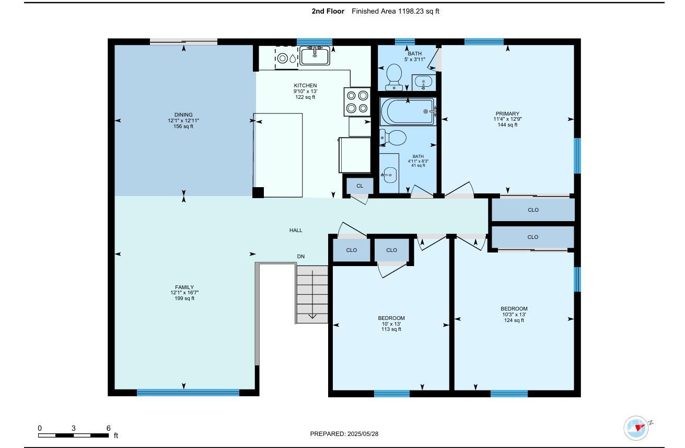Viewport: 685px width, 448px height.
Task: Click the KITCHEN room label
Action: coord(305,85)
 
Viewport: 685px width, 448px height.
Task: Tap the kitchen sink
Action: coord(315,55)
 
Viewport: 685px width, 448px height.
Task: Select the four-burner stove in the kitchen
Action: coord(357,101)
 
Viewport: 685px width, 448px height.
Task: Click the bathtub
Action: coord(408,111)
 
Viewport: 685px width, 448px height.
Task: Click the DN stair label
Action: coord(300,257)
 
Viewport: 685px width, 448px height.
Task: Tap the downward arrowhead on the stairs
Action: coord(312,316)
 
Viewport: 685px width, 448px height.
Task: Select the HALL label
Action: coord(296,230)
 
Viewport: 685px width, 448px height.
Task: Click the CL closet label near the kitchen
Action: coord(359,186)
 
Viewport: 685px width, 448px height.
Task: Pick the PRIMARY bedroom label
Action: coord(507,113)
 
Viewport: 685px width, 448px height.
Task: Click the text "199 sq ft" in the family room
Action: coord(184,298)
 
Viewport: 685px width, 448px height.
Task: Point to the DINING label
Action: coord(183,115)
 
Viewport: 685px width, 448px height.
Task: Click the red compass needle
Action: coord(640,428)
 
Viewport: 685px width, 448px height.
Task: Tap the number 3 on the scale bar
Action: coord(73,428)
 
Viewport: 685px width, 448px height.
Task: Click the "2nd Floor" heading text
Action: coord(328,12)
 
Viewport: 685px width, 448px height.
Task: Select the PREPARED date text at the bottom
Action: coord(344,433)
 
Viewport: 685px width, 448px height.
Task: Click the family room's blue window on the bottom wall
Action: coord(188,393)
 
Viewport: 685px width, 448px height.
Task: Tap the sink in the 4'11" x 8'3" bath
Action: coord(390,175)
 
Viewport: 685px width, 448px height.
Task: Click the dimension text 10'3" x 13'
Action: coord(514,314)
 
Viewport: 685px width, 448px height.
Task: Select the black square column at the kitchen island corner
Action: coord(258,192)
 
